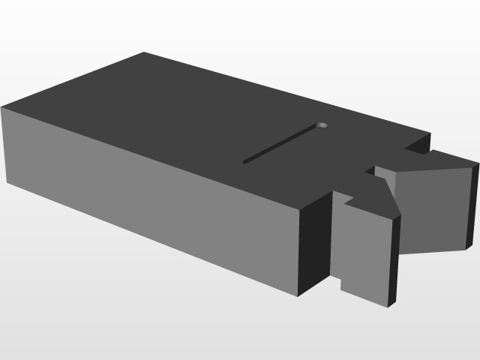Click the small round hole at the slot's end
pyautogui.click(x=322, y=125)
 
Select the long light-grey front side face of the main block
pyautogui.click(x=150, y=195)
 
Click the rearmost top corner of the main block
pyautogui.click(x=144, y=52)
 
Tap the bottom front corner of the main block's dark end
pyautogui.click(x=299, y=296)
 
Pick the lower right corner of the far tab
pyautogui.click(x=467, y=248)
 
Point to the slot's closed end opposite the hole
pyautogui.click(x=244, y=161)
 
